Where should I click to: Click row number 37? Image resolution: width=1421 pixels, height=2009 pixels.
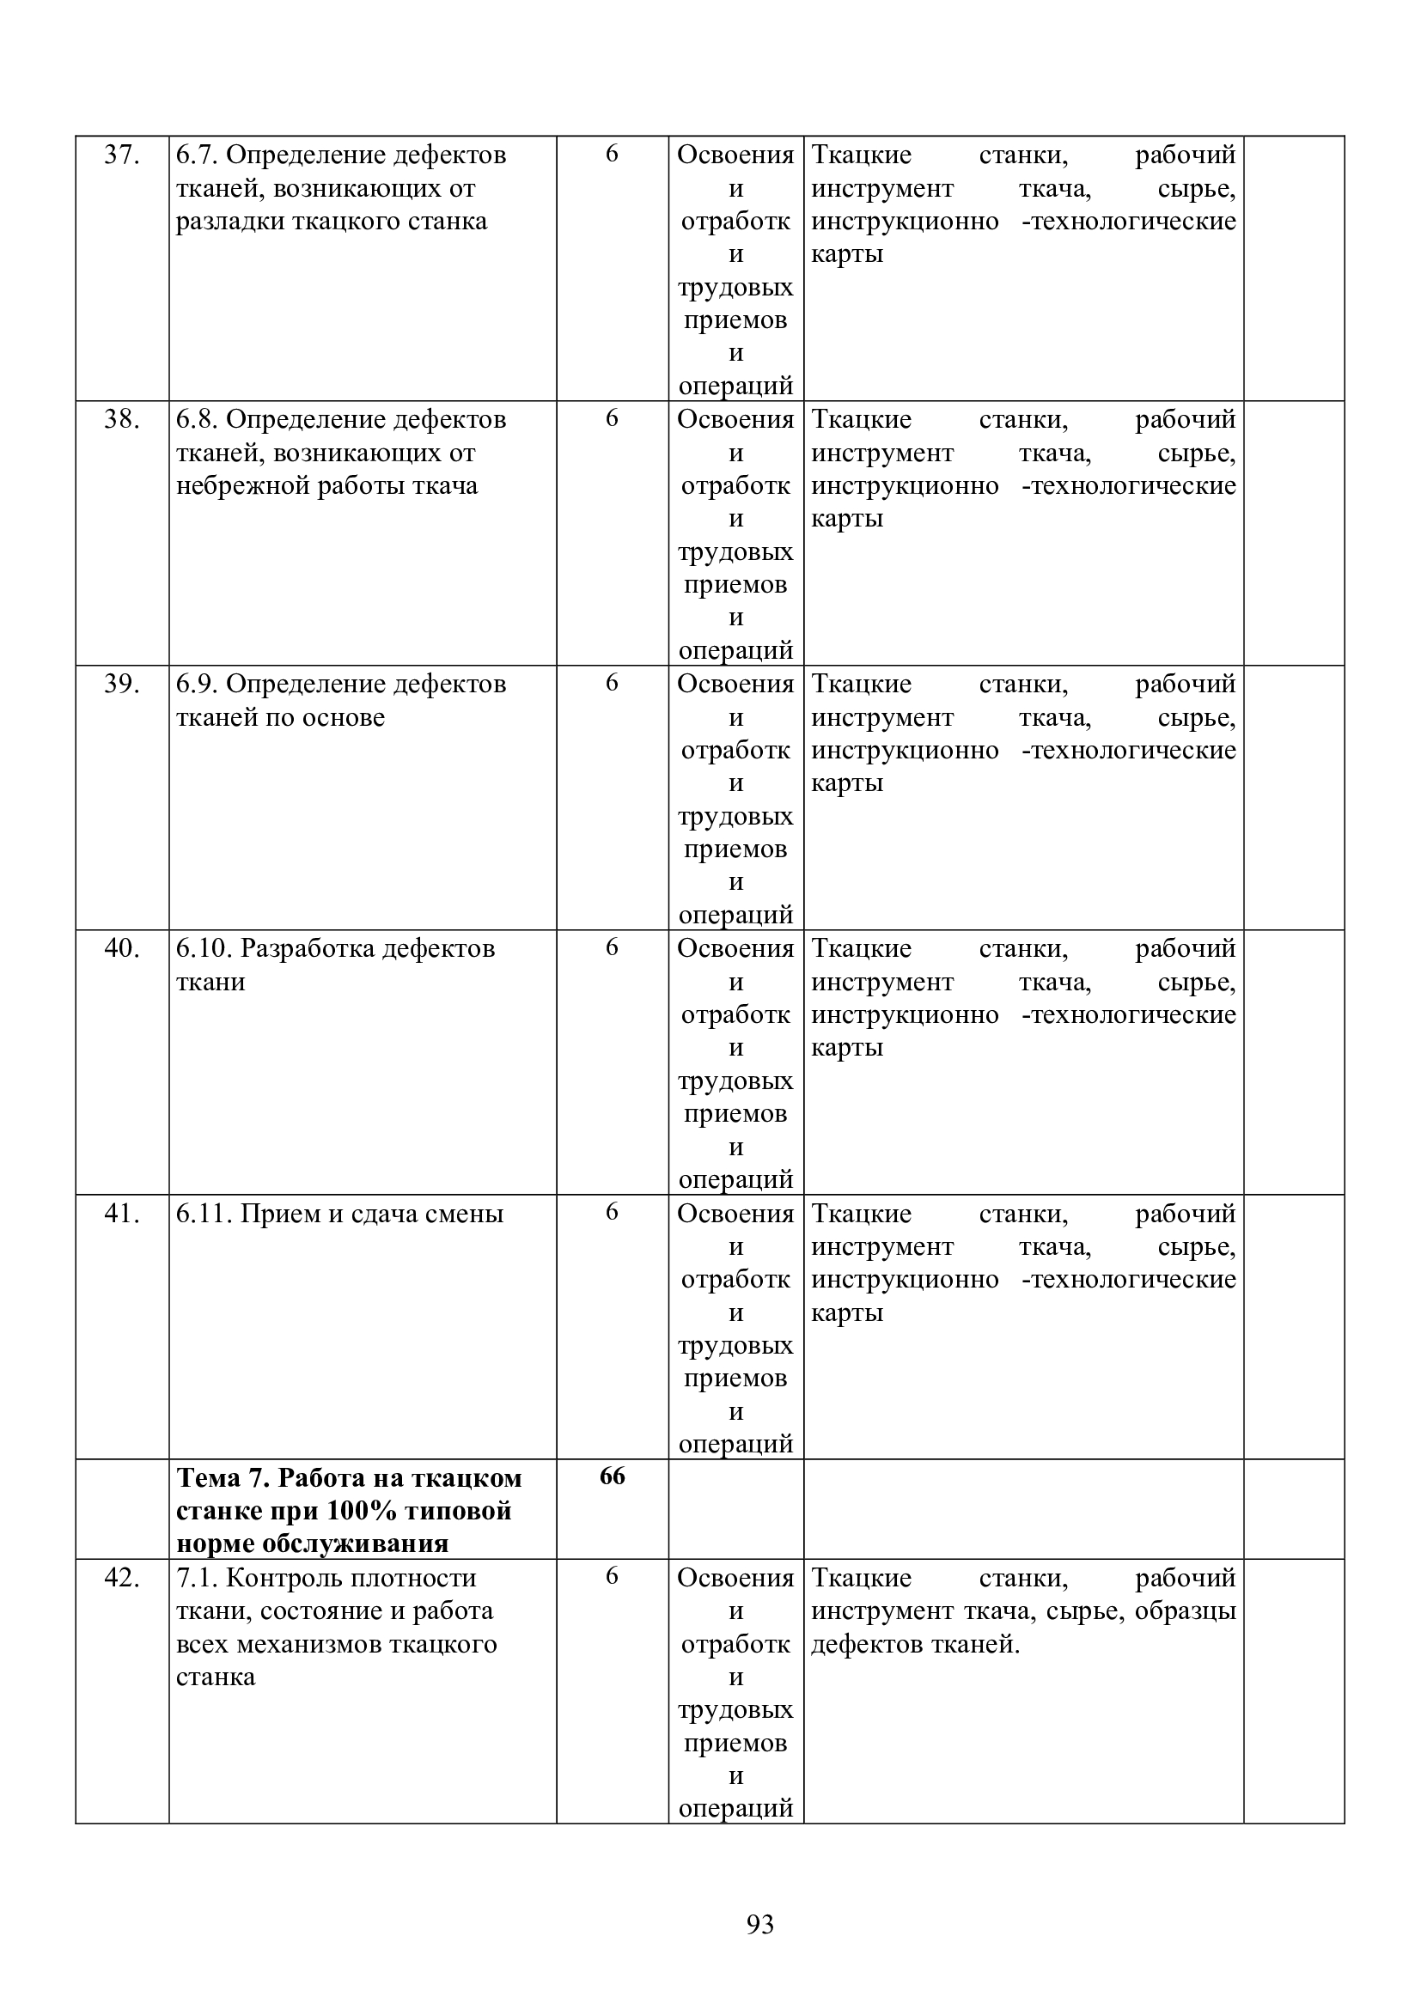[122, 155]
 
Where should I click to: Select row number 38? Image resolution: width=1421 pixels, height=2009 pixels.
[122, 420]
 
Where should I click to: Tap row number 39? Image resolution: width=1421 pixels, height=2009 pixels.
[122, 685]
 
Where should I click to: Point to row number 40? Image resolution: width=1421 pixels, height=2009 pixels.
[122, 948]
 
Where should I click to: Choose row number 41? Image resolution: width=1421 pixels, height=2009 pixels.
[122, 1214]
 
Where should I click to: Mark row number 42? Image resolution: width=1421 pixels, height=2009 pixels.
[122, 1578]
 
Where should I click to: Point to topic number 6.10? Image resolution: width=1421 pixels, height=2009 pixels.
[204, 948]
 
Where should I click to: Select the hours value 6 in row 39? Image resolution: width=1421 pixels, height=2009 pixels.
[612, 683]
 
